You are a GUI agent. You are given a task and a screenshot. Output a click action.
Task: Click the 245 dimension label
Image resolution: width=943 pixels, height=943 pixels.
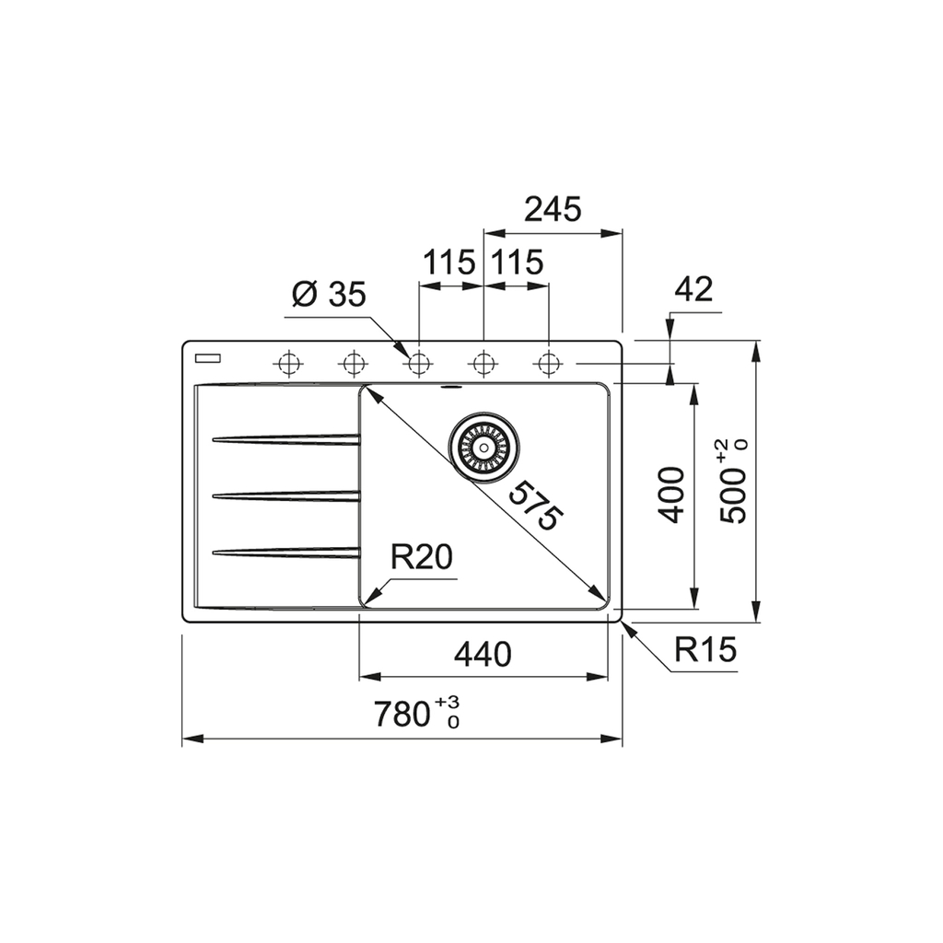(x=553, y=210)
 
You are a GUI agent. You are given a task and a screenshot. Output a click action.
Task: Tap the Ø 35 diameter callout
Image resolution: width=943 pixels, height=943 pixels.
(x=329, y=295)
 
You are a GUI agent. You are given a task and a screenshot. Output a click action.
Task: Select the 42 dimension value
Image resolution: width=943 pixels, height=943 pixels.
(x=693, y=289)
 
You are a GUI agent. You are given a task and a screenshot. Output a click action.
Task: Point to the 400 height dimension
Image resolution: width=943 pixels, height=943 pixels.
(x=671, y=495)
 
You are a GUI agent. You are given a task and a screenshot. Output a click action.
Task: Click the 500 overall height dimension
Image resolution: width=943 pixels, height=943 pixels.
(x=732, y=483)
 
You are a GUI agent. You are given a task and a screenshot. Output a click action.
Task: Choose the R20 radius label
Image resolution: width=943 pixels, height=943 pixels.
(x=421, y=557)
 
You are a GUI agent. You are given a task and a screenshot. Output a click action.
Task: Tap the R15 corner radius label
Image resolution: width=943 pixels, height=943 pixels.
(x=704, y=649)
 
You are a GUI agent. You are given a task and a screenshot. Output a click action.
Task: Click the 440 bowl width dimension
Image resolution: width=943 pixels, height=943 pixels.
(x=483, y=655)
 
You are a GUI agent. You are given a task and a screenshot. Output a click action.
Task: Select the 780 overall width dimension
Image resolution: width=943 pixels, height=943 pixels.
(x=416, y=714)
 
